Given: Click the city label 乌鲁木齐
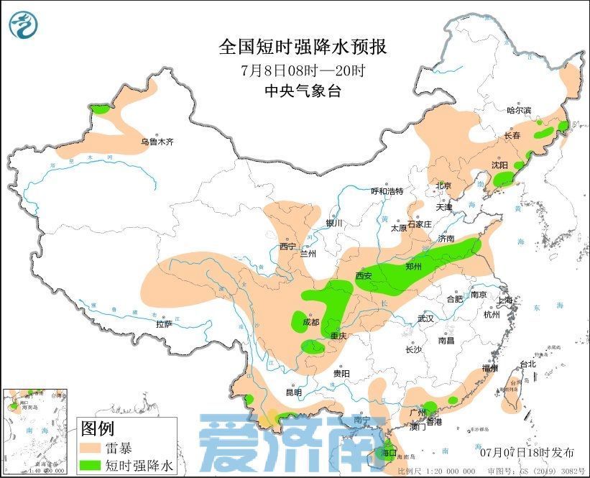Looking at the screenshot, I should point(157,142).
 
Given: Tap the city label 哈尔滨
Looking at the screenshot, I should point(518,110).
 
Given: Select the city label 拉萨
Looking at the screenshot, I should point(164,323).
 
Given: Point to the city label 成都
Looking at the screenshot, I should point(310,322).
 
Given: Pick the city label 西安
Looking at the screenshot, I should point(363,275).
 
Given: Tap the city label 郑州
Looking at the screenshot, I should point(415,266).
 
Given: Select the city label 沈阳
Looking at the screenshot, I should point(499,165).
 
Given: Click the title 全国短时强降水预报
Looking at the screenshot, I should point(303,47).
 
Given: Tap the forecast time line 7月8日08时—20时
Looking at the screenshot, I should point(303,70).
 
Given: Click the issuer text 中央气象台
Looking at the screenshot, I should point(303,91).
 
